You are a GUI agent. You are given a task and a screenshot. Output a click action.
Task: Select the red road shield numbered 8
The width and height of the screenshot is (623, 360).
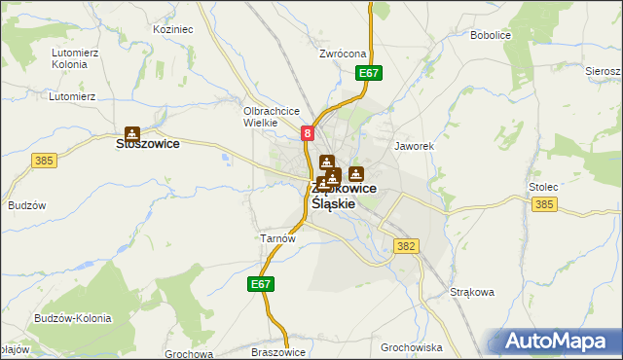(308, 133)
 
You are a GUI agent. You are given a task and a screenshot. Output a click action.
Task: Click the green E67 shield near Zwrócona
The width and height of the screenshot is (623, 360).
(369, 73)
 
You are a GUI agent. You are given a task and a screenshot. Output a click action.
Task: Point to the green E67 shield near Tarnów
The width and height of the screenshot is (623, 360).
(259, 284)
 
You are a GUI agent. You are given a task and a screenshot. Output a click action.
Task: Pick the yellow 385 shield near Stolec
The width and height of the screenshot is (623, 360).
(545, 203)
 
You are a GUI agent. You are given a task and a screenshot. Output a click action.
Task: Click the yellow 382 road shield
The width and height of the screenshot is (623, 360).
(407, 247)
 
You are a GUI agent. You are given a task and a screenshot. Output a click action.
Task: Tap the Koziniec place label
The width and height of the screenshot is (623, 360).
(173, 30)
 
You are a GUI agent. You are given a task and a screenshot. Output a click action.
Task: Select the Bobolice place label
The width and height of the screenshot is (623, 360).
(491, 35)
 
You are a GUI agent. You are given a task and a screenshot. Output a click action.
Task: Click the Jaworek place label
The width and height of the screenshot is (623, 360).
(413, 146)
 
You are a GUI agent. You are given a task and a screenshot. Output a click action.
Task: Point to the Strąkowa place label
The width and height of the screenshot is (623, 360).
(472, 291)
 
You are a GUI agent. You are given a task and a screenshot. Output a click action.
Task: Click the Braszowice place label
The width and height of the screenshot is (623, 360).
(279, 352)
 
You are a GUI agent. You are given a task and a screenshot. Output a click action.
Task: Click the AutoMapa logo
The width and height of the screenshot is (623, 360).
(558, 341)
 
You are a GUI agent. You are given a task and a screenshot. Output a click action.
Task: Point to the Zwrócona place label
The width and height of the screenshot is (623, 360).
(342, 54)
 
